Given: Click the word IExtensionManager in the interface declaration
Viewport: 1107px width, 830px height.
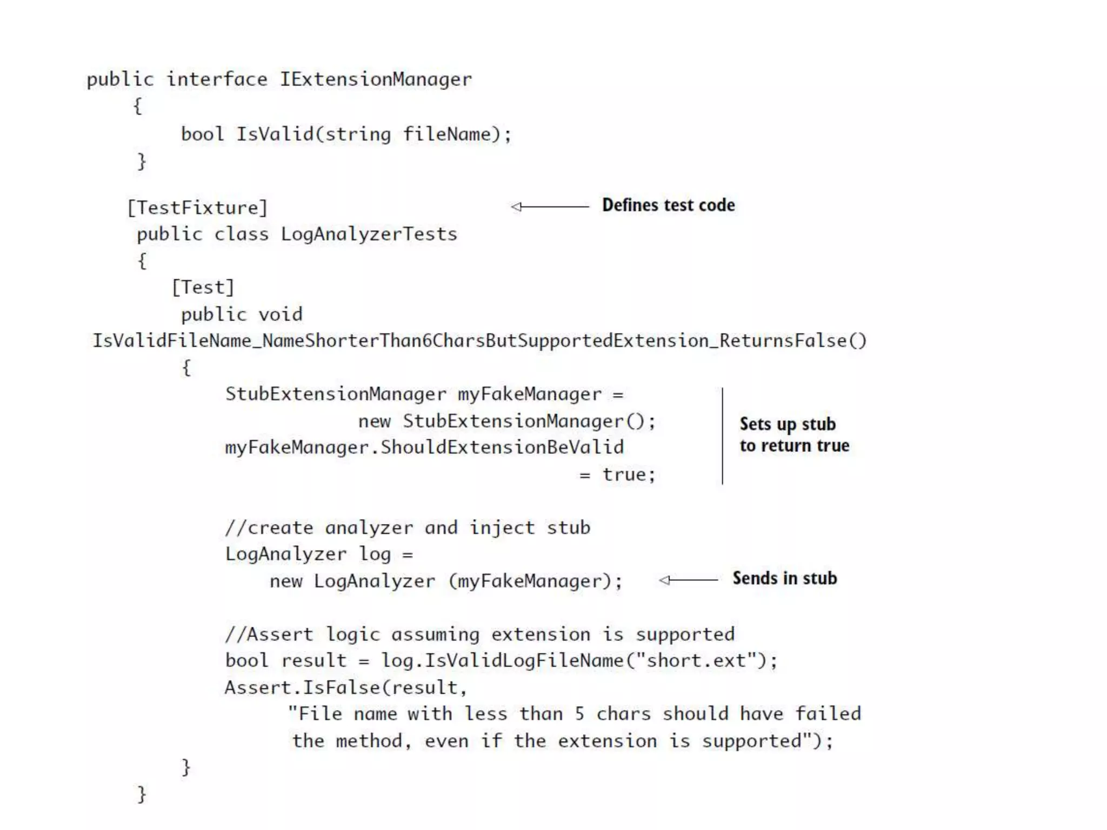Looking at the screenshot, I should point(376,79).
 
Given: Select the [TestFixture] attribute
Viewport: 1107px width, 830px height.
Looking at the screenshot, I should point(197,207).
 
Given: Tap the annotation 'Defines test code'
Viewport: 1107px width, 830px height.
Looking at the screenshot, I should point(668,205).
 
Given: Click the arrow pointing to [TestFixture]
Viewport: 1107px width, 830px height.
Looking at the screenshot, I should point(549,206).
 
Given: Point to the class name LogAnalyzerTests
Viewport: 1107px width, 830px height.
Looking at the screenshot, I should point(369,234).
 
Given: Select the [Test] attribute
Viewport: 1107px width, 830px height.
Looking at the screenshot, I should point(203,287).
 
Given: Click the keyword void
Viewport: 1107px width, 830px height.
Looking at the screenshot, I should point(281,314).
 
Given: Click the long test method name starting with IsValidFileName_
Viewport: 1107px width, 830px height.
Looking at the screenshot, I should point(479,340).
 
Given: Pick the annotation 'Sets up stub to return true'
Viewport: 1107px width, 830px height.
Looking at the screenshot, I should point(793,434).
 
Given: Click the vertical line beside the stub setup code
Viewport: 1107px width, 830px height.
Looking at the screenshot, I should point(722,436).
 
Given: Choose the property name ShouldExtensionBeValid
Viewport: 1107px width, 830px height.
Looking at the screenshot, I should point(502,447).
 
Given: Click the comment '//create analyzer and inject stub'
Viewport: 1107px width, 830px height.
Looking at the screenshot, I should point(408,527).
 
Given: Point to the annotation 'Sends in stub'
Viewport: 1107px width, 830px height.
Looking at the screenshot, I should point(784,578).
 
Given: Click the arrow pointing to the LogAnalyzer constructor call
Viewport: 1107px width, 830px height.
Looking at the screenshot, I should point(688,580).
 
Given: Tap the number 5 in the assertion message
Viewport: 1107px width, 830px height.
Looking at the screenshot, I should point(579,714).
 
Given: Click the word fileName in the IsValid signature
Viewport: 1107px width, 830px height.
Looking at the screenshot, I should point(446,134).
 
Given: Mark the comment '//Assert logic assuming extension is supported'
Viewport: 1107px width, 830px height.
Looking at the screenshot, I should point(479,634).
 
